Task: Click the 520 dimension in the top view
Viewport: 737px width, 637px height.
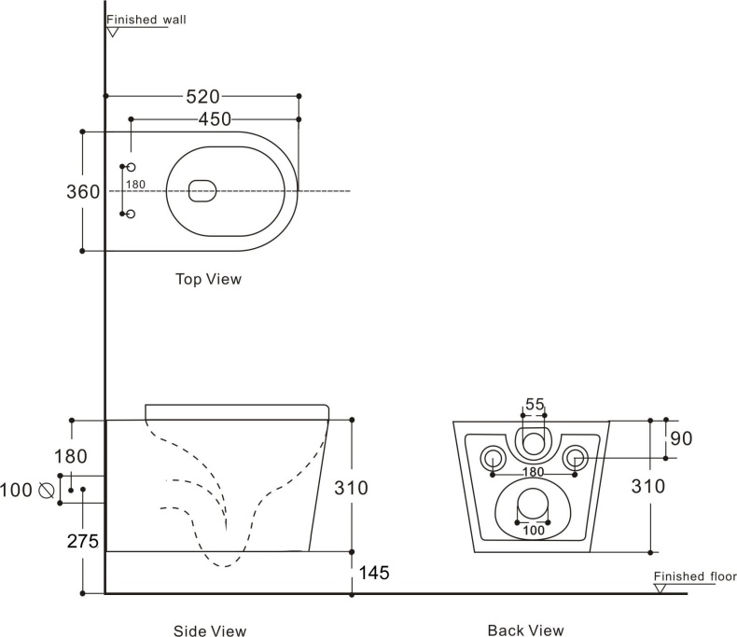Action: coord(202,96)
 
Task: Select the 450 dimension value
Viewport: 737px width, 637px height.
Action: coord(215,119)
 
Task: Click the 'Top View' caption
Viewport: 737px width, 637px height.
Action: coord(208,278)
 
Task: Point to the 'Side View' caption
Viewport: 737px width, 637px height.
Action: coord(210,631)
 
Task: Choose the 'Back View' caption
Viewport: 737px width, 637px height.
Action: coord(525,631)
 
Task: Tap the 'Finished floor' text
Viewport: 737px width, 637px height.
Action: coord(694,576)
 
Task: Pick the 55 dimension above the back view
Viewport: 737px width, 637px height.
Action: coord(534,404)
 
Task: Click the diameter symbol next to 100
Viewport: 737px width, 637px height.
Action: coord(45,489)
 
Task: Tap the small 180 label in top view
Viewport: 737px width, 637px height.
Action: coord(135,185)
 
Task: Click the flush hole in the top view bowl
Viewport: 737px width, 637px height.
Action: coord(202,190)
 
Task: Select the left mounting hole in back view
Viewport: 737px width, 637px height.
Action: coord(492,457)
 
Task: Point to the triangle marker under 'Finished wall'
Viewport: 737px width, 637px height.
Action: coord(113,31)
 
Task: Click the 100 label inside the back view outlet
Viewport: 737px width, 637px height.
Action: coord(533,531)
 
